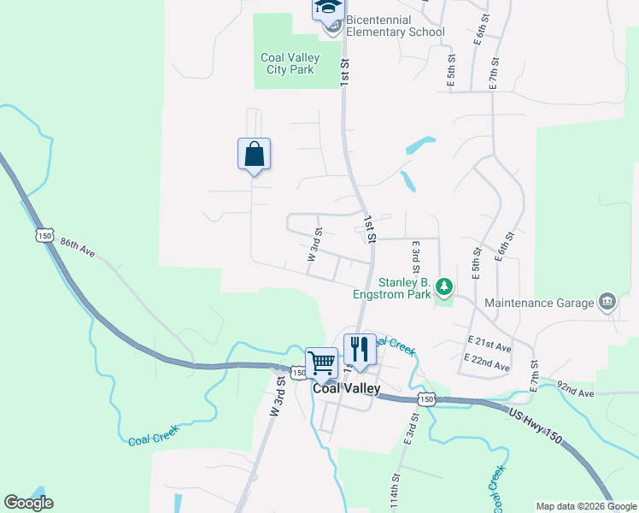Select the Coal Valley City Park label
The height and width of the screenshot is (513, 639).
tap(290, 63)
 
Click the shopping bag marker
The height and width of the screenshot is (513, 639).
tap(254, 155)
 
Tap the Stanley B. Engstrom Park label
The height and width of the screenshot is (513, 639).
tap(392, 287)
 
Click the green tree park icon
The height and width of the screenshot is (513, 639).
tap(443, 285)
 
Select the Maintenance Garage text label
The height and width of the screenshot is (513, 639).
tap(538, 303)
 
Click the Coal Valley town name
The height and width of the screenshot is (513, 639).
tap(346, 388)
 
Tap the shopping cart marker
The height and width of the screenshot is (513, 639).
tap(322, 363)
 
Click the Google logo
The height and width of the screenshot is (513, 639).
tap(28, 503)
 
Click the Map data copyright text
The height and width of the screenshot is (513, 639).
tap(586, 506)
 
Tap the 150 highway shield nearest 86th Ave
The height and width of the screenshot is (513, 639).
tap(44, 235)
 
